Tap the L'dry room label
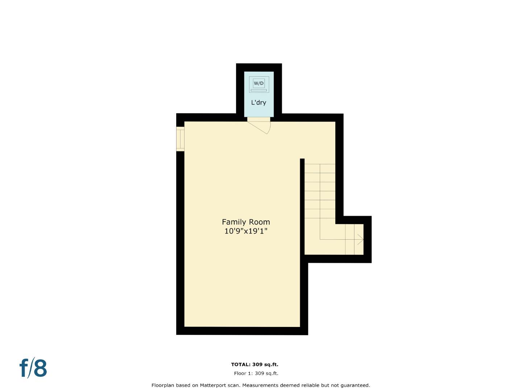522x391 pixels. tap(258, 102)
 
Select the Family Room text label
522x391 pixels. tap(246, 222)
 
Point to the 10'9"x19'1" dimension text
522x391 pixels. tap(246, 231)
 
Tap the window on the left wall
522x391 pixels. tap(180, 139)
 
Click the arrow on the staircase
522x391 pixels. tap(360, 239)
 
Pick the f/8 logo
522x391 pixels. tap(33, 368)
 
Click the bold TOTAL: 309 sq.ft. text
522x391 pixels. tap(254, 365)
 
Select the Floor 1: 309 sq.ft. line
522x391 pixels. tap(256, 373)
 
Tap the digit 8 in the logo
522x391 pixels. tap(40, 369)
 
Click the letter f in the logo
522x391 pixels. tap(24, 368)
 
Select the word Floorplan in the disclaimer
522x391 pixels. tap(164, 385)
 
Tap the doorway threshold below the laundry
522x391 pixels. tap(258, 119)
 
